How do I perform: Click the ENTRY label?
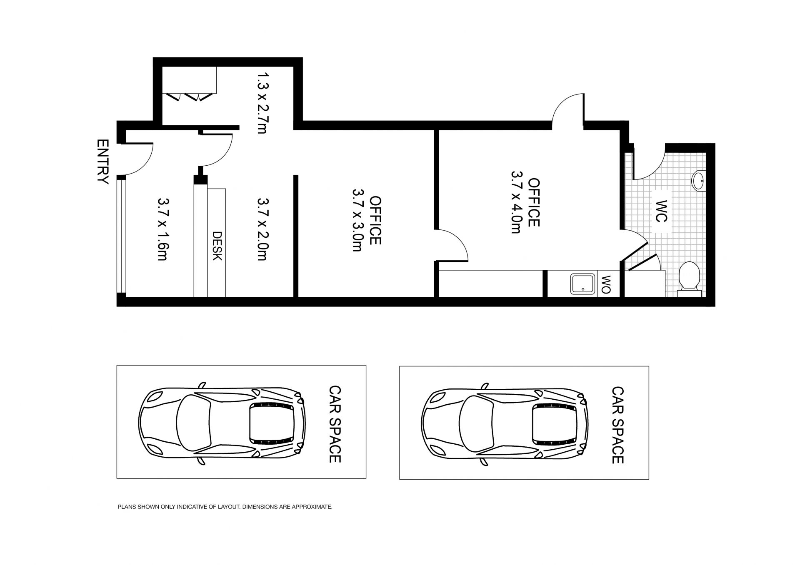click(x=102, y=162)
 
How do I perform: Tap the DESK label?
click(x=217, y=246)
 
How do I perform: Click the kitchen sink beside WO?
click(x=583, y=284)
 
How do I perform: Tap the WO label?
click(x=606, y=284)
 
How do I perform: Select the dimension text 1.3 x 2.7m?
click(x=263, y=102)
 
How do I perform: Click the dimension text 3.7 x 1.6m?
click(x=162, y=229)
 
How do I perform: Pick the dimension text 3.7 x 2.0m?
click(x=262, y=229)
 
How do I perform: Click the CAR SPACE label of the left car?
click(x=335, y=424)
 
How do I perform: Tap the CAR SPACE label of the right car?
click(x=617, y=425)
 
